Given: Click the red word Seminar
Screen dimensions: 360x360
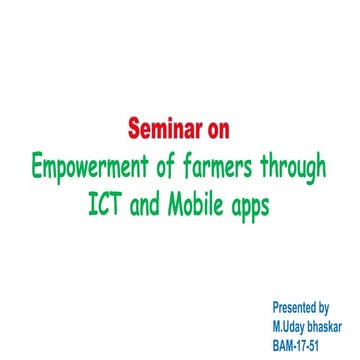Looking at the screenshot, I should click(163, 129).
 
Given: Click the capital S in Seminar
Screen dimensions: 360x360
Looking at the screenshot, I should click(134, 129).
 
